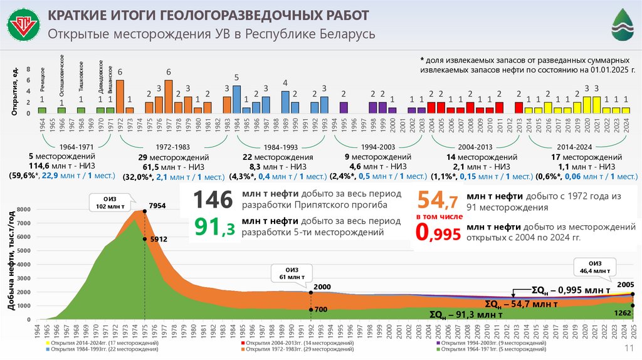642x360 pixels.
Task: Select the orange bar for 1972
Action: point(120,96)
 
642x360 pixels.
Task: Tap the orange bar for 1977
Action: point(169,96)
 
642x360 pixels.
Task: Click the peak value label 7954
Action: point(157,206)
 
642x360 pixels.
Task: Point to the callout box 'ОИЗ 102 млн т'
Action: point(110,202)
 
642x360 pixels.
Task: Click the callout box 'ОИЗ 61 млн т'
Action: point(287,273)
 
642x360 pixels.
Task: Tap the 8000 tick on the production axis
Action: point(23,209)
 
